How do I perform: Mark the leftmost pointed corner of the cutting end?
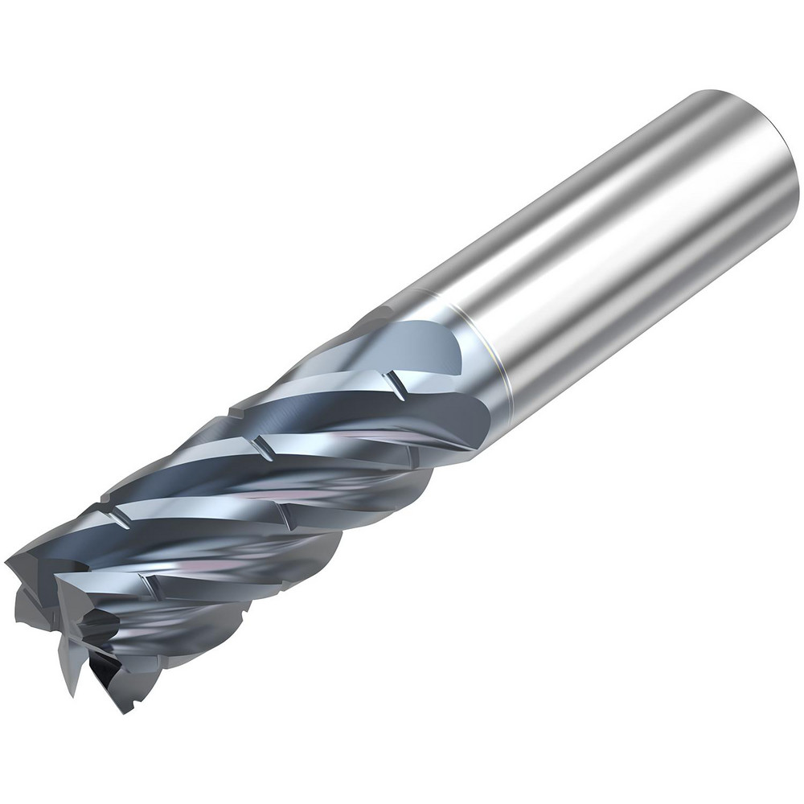(6, 563)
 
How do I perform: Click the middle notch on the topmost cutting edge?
(261, 446)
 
